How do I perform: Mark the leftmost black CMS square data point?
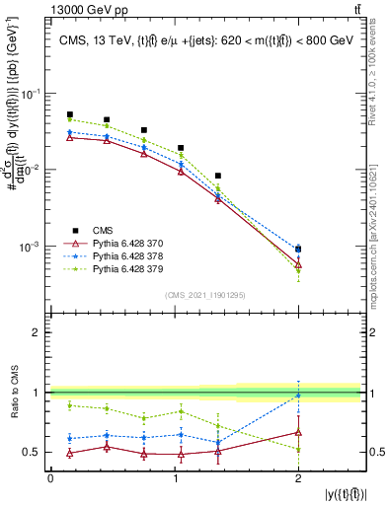tap(69, 114)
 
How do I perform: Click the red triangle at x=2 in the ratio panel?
tap(299, 432)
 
